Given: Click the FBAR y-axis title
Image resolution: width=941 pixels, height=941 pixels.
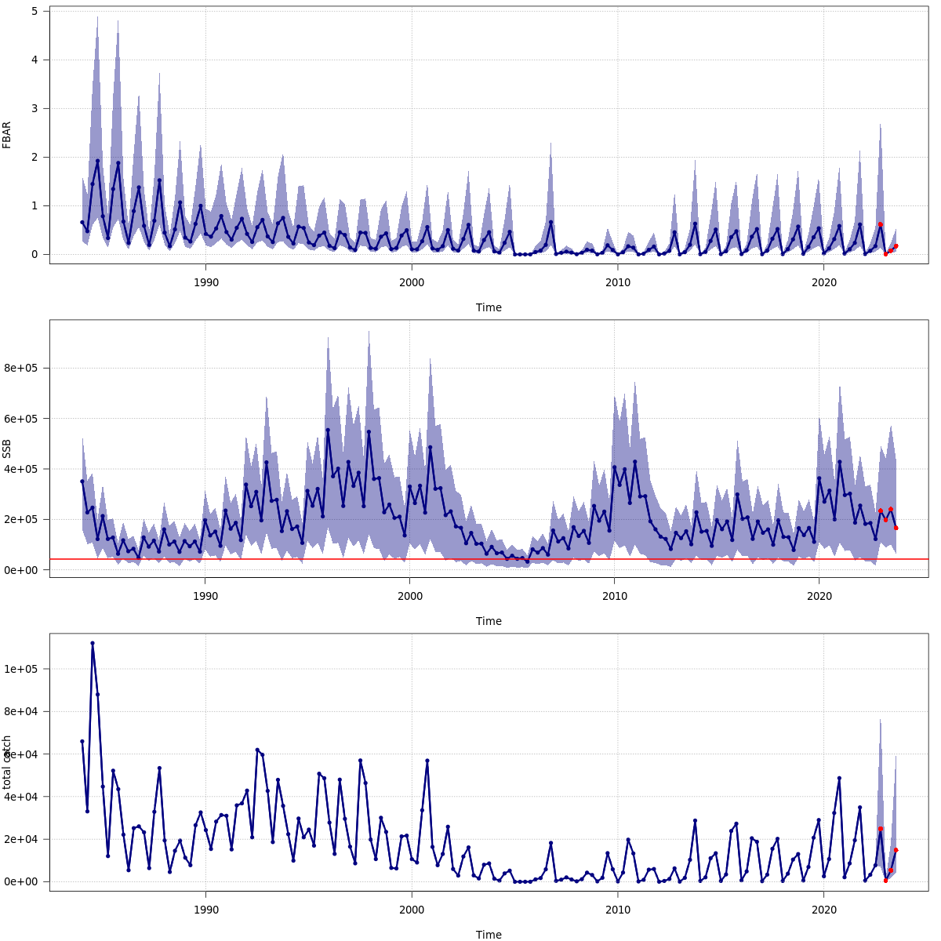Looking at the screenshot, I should [x=7, y=134].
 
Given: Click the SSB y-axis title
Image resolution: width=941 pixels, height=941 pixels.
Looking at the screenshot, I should [x=7, y=448].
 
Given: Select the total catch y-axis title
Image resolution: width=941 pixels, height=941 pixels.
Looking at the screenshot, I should [x=7, y=761].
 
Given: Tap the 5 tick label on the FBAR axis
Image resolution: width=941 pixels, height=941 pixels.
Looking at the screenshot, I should [x=35, y=11].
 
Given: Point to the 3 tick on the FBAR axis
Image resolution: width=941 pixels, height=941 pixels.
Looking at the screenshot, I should [x=35, y=108].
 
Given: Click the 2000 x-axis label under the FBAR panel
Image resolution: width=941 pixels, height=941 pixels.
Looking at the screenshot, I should [x=412, y=282].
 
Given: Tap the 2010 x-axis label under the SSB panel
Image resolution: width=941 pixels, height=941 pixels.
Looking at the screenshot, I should [x=615, y=595].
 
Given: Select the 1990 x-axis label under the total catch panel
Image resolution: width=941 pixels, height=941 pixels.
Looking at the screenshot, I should [x=205, y=909].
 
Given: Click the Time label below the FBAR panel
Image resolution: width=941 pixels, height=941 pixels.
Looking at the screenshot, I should [x=489, y=307].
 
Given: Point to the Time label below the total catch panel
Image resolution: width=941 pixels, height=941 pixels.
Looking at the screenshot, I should [x=489, y=935].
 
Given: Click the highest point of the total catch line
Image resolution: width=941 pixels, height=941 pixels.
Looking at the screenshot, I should [x=93, y=643].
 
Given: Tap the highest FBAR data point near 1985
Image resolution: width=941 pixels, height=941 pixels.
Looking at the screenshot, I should [x=97, y=161].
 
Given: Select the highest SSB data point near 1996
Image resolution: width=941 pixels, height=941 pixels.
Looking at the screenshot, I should [x=328, y=430].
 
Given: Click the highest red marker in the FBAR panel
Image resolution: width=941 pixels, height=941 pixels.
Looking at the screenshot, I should [x=881, y=224].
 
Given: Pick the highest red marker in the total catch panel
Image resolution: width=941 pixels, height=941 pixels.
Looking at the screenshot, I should [x=881, y=829].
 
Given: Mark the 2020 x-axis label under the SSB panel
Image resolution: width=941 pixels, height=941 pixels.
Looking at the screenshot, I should [x=819, y=595].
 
